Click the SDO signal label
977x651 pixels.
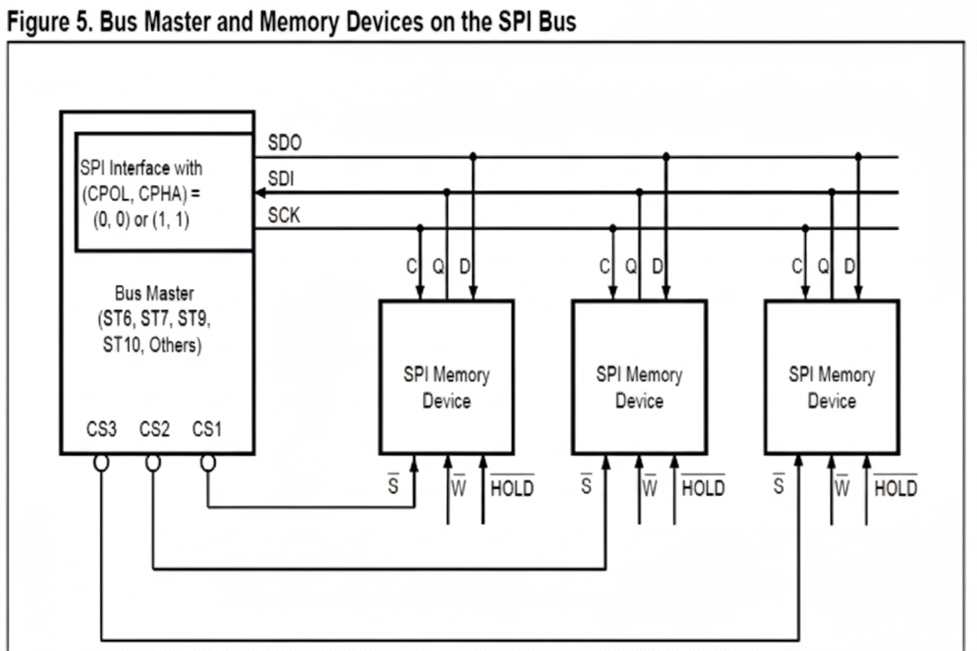tap(284, 143)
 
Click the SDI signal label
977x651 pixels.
tap(280, 179)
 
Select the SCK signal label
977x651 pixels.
tap(283, 215)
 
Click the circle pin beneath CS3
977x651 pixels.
tap(101, 463)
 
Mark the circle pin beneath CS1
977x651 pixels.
tap(207, 463)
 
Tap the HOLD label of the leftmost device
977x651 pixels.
tap(512, 488)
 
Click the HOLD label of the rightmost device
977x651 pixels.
tap(896, 488)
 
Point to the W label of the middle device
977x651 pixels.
tap(650, 488)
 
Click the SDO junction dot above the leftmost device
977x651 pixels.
tap(472, 156)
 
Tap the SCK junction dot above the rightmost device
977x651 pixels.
tap(805, 228)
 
